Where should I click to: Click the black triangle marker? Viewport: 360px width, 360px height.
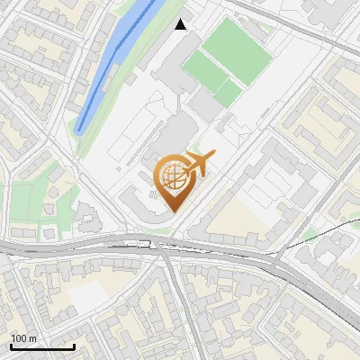click(181, 24)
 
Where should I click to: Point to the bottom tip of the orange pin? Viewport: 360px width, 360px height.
click(173, 211)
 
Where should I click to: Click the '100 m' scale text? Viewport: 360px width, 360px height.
click(24, 338)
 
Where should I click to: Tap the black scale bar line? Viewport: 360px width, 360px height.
click(42, 346)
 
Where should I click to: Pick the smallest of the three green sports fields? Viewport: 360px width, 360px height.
click(229, 93)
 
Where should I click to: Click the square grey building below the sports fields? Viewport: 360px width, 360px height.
click(205, 107)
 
